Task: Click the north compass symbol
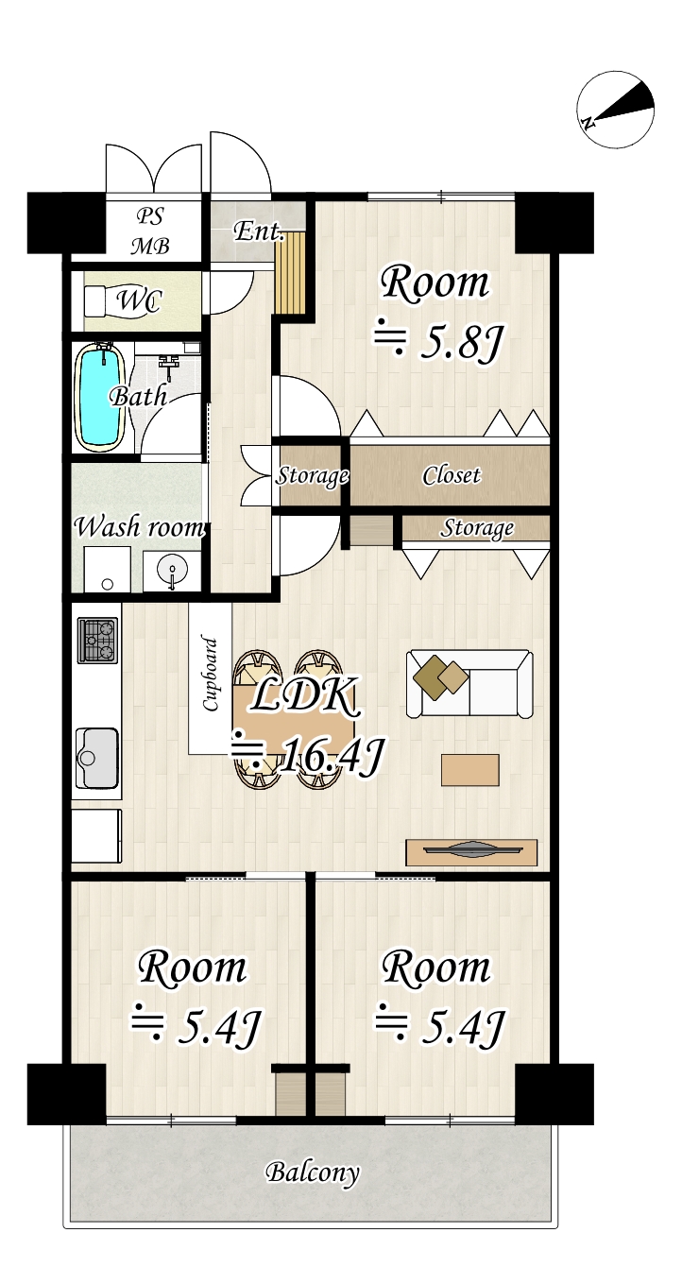tap(617, 109)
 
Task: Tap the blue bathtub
tap(100, 396)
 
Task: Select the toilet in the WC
tap(105, 301)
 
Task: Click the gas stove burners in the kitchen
tap(98, 640)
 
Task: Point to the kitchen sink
tap(97, 757)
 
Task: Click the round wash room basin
tap(173, 571)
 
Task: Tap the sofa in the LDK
tap(469, 683)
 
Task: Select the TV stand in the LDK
tap(471, 851)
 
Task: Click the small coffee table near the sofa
tap(469, 769)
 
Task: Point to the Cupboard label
tap(211, 675)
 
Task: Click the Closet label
tap(452, 475)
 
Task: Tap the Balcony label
tap(313, 1173)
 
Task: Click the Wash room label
tap(139, 526)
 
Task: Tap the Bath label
tap(139, 395)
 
